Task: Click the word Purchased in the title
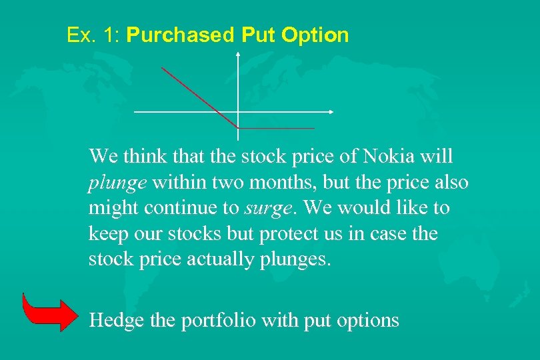coord(180,35)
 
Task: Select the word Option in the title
coord(315,35)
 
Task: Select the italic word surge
coord(267,209)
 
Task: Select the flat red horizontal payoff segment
coord(276,127)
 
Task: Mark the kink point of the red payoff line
coord(238,127)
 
